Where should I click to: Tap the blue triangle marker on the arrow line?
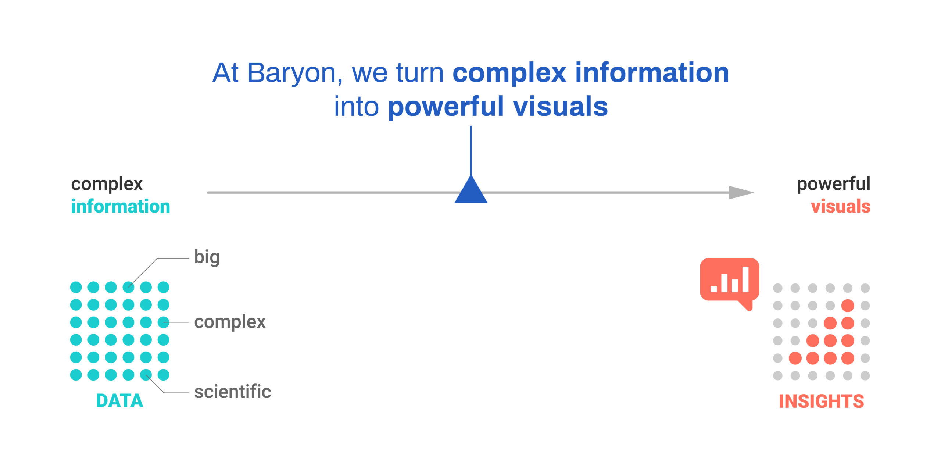tap(471, 189)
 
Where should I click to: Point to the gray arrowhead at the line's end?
tap(741, 192)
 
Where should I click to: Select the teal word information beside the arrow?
tap(121, 206)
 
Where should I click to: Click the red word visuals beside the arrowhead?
tap(841, 206)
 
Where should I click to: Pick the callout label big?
tap(207, 257)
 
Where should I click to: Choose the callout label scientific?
tap(233, 391)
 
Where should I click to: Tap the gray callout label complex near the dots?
tap(230, 322)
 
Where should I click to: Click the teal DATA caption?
tap(119, 401)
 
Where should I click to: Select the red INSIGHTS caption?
tap(822, 401)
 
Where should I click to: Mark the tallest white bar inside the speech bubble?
tap(745, 279)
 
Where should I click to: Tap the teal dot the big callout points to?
tap(128, 287)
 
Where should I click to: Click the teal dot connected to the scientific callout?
tap(146, 375)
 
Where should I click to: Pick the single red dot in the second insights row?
tap(848, 306)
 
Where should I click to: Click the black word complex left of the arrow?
tap(107, 184)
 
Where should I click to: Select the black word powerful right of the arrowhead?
tap(834, 184)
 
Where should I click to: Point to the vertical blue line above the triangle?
tap(471, 151)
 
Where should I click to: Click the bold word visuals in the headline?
tap(560, 107)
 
